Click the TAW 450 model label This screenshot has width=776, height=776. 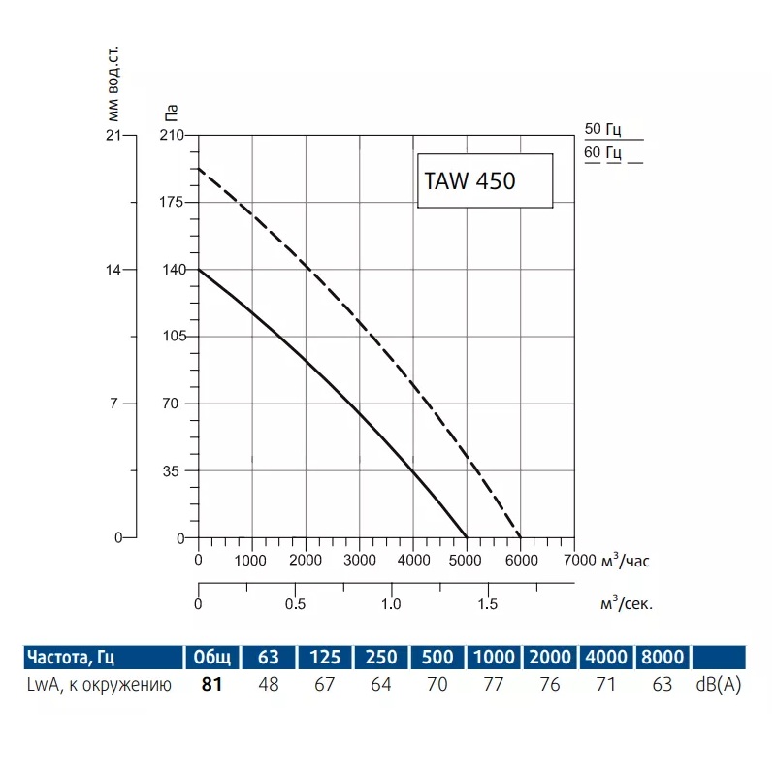[x=470, y=181]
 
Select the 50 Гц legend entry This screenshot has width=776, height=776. [x=608, y=129]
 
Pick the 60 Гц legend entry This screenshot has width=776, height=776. [x=608, y=153]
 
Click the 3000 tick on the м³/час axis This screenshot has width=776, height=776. [x=360, y=561]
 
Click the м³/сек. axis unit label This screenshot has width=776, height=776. [x=627, y=602]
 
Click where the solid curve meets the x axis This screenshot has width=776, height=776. [x=467, y=538]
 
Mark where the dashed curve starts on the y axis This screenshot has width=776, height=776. [x=199, y=169]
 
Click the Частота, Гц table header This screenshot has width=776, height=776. [x=72, y=657]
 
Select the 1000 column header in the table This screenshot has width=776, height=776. [x=494, y=657]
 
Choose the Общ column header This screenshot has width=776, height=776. [x=212, y=657]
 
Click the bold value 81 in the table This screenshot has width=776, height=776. [x=212, y=685]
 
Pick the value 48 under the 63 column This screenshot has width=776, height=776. [x=269, y=685]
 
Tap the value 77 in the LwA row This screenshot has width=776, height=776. [x=494, y=685]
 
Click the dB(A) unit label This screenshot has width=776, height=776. [x=718, y=685]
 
